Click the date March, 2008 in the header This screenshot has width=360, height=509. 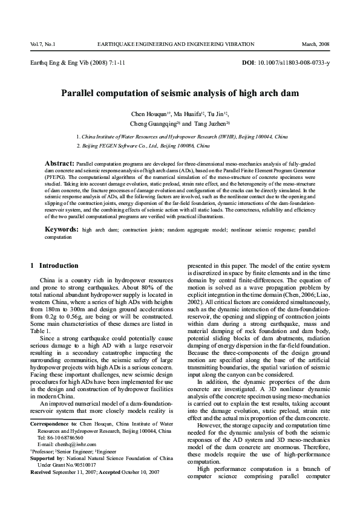click(315, 45)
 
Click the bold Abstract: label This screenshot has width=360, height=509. click(59, 163)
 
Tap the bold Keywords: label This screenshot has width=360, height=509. click(62, 230)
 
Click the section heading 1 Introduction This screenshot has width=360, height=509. click(54, 265)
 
